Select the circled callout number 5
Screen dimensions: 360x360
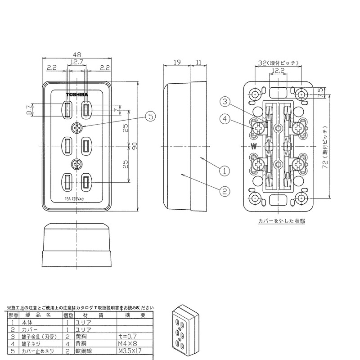(x=151, y=116)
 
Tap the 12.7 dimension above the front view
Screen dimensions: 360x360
(x=76, y=62)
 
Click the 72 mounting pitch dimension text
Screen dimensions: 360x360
(x=326, y=146)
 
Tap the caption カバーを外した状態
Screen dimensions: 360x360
(x=281, y=221)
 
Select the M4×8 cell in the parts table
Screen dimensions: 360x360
(x=127, y=342)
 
